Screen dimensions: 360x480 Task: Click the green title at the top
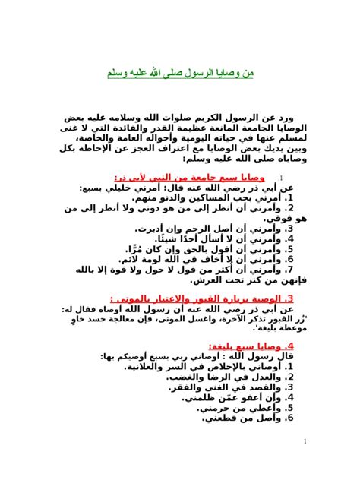click(x=179, y=74)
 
